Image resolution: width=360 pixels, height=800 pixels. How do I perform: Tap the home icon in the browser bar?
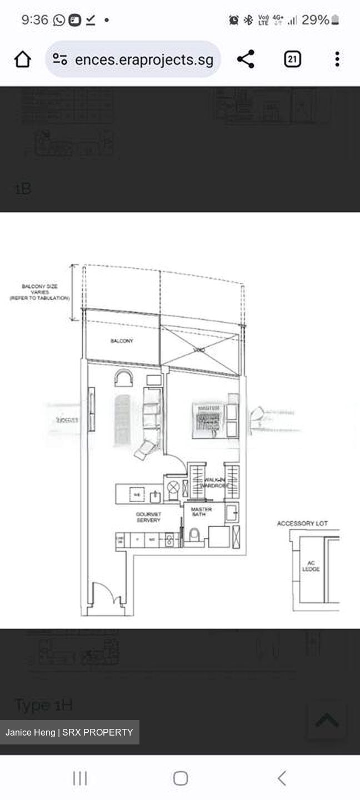[x=23, y=59]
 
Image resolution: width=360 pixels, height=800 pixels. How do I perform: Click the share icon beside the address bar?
[x=246, y=59]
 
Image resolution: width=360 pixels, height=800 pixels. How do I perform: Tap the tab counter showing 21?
[x=293, y=59]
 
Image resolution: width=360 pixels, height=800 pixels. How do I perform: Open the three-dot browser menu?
[x=337, y=59]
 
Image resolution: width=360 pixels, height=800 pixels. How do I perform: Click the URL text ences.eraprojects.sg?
[x=144, y=59]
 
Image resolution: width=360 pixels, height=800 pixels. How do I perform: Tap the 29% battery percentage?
[x=315, y=20]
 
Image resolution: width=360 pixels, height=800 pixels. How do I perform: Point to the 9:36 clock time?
[x=34, y=20]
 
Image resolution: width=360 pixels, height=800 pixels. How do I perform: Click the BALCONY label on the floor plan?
[x=122, y=341]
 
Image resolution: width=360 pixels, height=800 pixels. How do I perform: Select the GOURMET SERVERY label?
[x=148, y=517]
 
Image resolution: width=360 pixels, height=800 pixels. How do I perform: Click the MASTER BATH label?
[x=201, y=512]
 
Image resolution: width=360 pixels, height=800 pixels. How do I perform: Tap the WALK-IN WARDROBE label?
[x=214, y=482]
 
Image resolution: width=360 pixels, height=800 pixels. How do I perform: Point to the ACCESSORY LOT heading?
[x=302, y=523]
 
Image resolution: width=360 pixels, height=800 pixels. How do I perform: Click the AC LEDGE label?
[x=311, y=566]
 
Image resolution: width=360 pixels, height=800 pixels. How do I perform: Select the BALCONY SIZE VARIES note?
[x=39, y=292]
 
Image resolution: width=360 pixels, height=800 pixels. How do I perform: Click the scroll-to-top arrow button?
[x=327, y=720]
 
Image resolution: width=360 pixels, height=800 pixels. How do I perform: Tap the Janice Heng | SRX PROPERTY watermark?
[x=69, y=732]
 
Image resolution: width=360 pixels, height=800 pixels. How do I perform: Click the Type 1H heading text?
[x=43, y=706]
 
